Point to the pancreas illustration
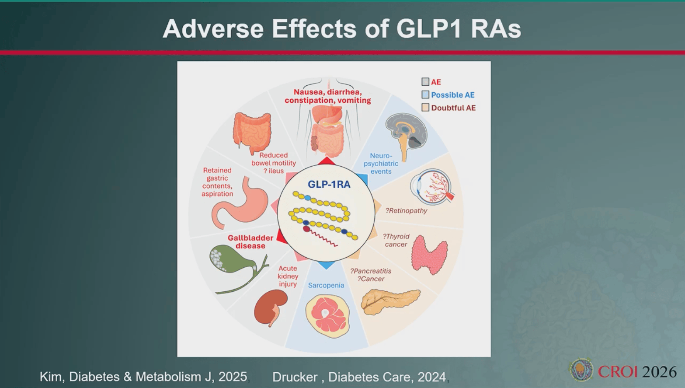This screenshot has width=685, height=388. (390, 302)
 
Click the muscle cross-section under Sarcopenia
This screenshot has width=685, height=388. (327, 316)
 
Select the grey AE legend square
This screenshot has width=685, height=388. (425, 82)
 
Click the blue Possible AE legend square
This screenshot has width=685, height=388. (425, 94)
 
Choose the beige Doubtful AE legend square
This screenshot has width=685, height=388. (425, 108)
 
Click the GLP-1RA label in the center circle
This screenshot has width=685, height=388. (329, 184)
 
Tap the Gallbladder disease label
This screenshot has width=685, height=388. (250, 242)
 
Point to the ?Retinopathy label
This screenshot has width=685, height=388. (406, 210)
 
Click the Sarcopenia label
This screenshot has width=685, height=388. (326, 285)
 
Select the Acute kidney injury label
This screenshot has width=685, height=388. (288, 276)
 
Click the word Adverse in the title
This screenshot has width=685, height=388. (213, 29)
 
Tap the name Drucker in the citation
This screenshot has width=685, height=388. (295, 377)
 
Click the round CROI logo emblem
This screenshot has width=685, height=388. (581, 370)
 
